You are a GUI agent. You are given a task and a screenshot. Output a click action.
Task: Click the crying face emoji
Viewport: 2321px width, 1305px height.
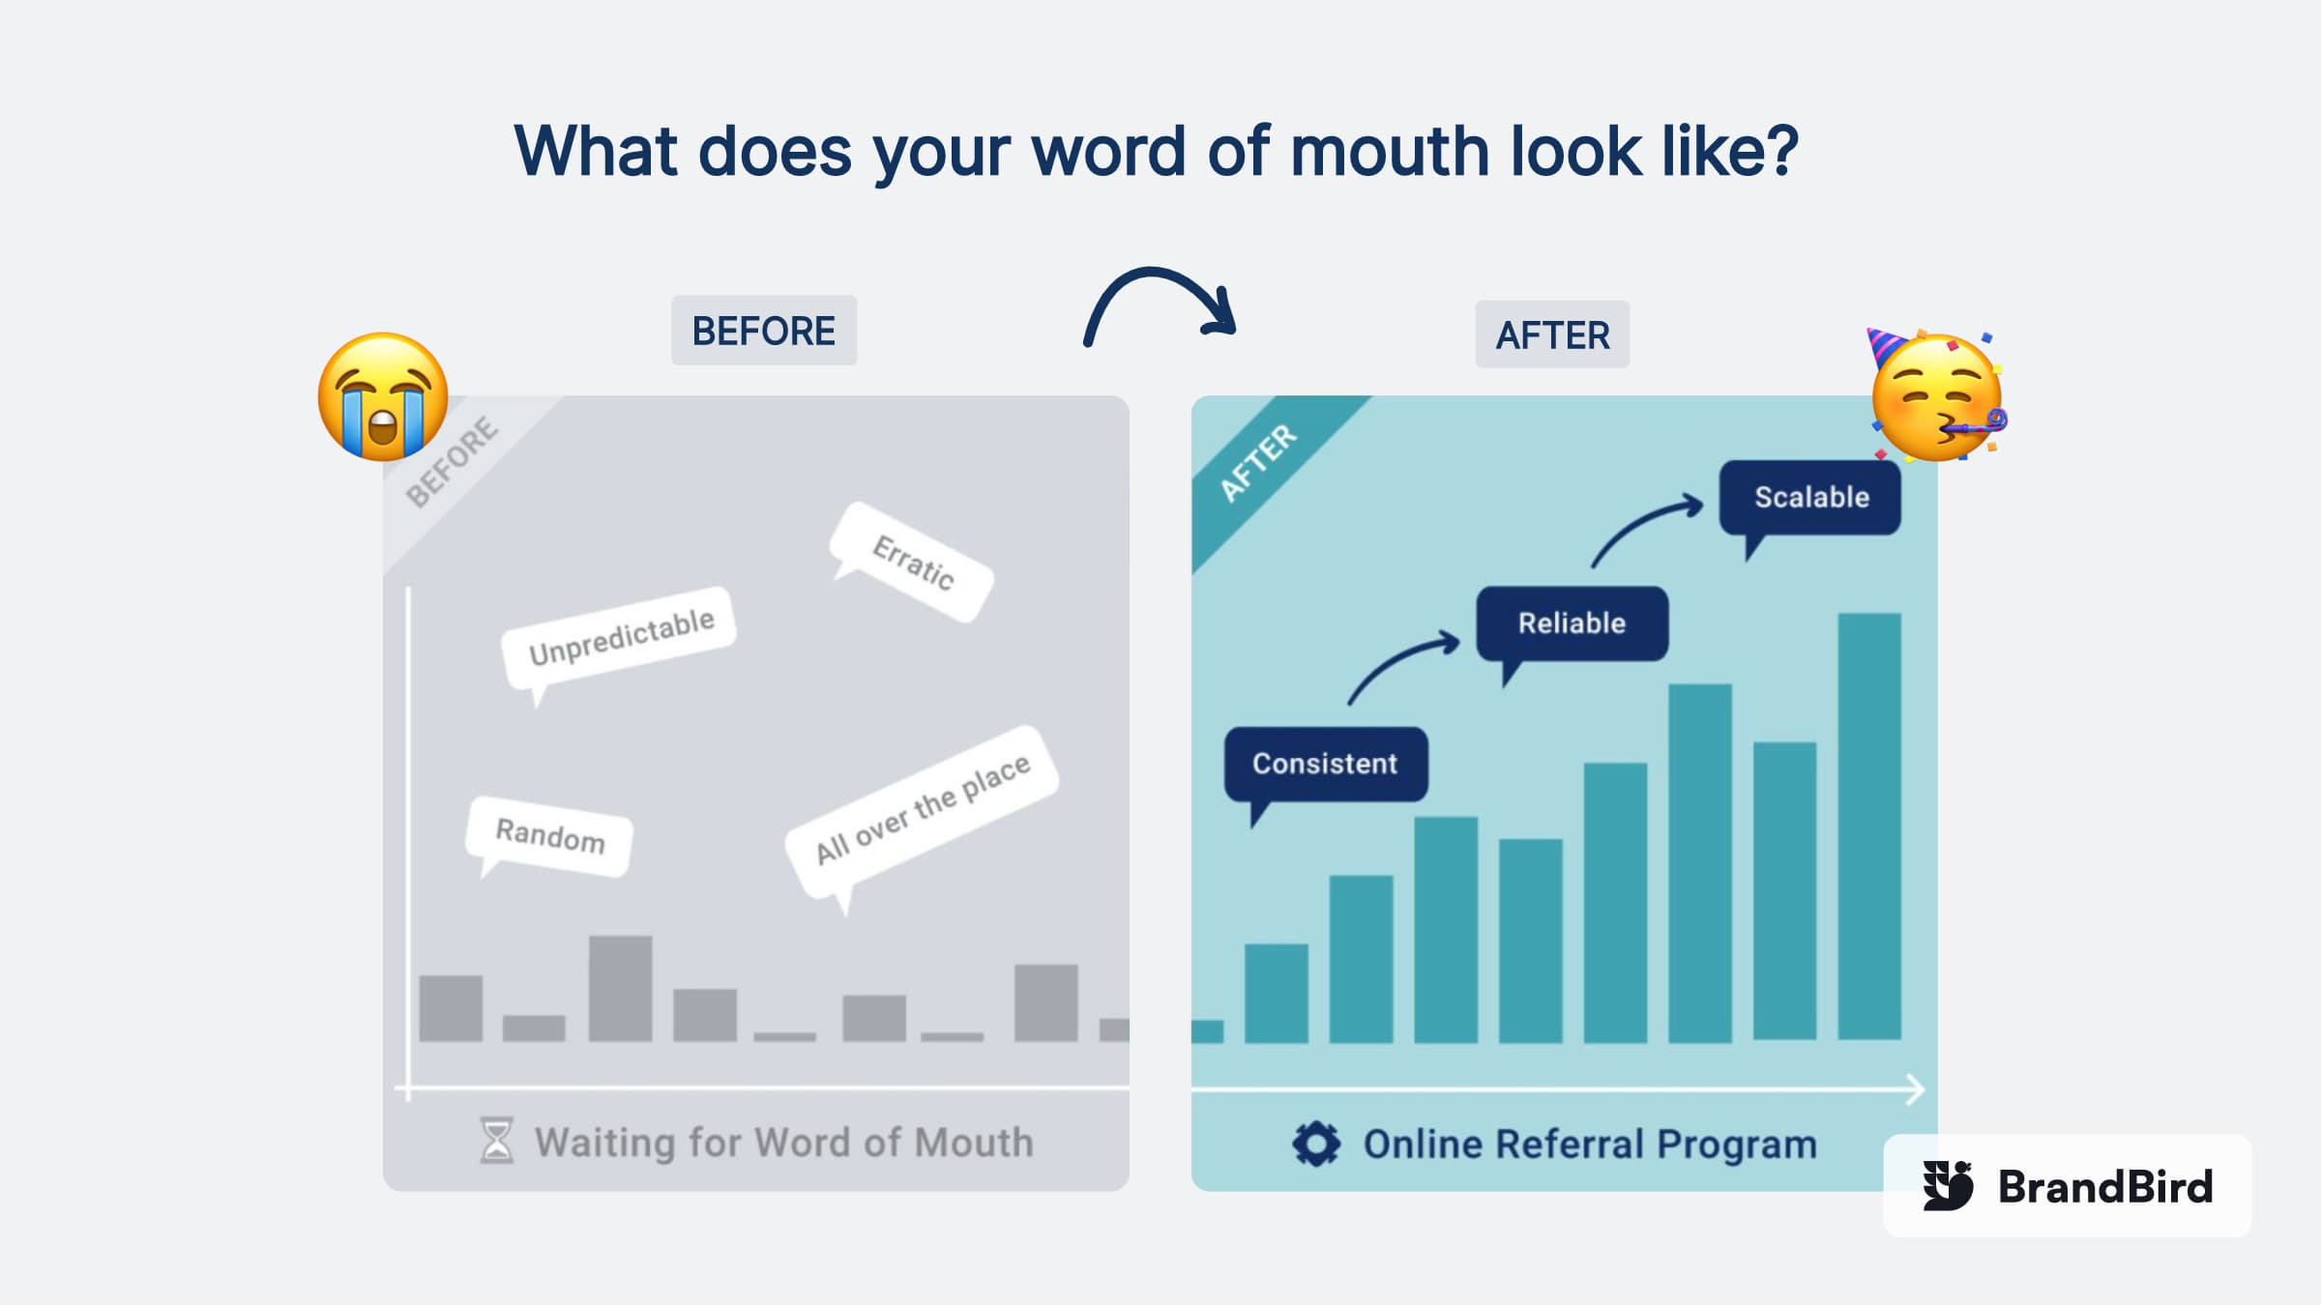[383, 396]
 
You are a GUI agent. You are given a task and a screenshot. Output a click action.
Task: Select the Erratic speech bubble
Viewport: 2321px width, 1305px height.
[912, 562]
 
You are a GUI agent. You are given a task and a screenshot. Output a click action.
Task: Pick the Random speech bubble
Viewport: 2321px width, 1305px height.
[549, 835]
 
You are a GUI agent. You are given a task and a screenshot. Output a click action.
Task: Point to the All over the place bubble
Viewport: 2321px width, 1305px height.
[922, 812]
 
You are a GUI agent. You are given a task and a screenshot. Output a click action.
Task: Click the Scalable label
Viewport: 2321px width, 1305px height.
[1809, 498]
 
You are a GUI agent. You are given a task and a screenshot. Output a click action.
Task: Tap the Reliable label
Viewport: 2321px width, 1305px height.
[1572, 623]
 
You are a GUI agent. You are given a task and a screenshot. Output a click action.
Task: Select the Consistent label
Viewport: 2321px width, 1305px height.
[1325, 765]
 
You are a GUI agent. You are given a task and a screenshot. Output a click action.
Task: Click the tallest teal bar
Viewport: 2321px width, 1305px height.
[1869, 826]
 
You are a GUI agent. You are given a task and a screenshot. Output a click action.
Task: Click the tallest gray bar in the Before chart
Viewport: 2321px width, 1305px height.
[620, 988]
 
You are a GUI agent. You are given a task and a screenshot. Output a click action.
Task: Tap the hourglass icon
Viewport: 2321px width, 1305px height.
[497, 1141]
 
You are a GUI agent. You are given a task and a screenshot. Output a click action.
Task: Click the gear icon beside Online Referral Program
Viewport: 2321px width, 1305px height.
[1316, 1145]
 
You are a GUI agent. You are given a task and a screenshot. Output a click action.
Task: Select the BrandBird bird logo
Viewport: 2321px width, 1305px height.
[1948, 1186]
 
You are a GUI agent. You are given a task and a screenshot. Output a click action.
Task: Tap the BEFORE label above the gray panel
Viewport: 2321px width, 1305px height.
[764, 331]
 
